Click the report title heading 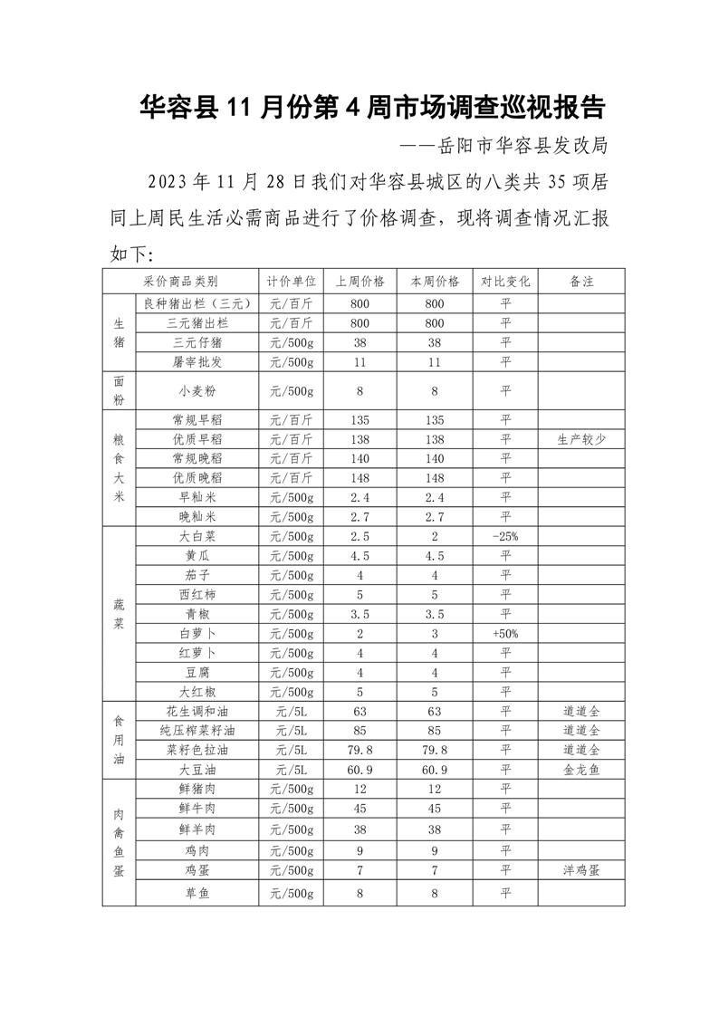point(372,109)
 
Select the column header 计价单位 point(292,282)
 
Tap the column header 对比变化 point(505,282)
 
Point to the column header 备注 point(581,282)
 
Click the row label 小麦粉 point(197,391)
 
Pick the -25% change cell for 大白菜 point(505,536)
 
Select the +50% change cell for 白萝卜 point(505,633)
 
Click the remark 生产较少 point(581,439)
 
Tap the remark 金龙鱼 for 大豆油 point(581,770)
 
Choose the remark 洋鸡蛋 point(581,870)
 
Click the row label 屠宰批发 point(197,362)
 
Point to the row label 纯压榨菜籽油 point(197,731)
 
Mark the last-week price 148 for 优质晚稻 point(359,477)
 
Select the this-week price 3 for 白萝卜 point(435,633)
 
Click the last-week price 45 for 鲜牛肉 point(359,809)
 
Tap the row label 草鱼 point(197,894)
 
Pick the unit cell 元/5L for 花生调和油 point(292,712)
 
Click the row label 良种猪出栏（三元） point(197,303)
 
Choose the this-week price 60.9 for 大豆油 point(435,770)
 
